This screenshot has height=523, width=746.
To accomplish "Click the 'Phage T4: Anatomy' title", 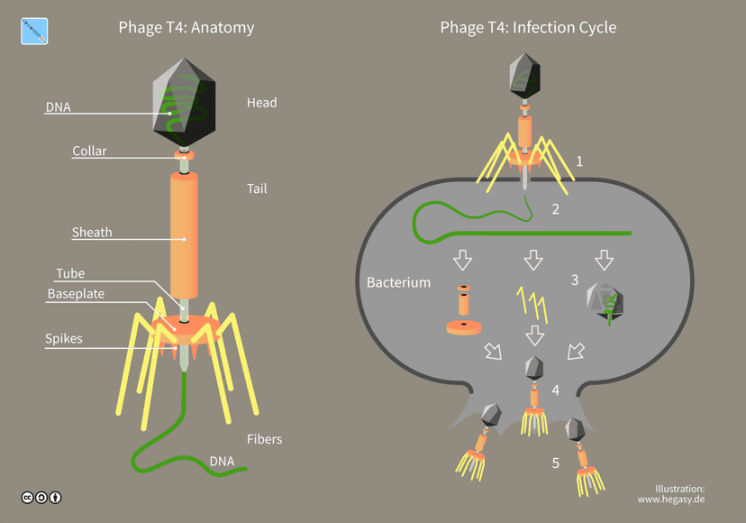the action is tap(186, 28).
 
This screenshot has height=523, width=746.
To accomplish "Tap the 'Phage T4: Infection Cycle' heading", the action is tap(528, 28).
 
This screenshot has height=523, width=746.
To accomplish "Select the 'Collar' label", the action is tap(89, 151).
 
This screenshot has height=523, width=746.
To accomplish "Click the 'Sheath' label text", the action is tap(92, 233).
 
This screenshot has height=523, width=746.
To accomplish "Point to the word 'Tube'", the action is tap(70, 273).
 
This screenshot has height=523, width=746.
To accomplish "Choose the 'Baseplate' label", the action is tap(76, 294).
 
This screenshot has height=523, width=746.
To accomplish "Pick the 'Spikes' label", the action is tap(64, 339).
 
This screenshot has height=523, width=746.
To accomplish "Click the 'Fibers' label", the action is tap(265, 439).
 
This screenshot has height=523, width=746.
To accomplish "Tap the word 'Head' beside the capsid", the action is tap(261, 103).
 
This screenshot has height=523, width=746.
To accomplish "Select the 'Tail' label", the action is tap(257, 188).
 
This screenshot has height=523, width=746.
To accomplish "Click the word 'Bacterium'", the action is tap(399, 282).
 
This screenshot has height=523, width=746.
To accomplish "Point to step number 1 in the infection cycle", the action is tap(579, 161).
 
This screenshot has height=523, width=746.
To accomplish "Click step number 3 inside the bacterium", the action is tap(575, 280).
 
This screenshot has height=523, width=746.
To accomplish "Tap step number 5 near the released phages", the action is tap(556, 463).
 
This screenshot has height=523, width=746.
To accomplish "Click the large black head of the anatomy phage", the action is tap(184, 103).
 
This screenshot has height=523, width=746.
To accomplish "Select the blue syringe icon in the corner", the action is tap(34, 32).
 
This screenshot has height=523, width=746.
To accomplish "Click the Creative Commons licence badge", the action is tap(41, 498).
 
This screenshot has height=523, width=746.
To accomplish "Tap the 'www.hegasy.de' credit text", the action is tap(671, 500).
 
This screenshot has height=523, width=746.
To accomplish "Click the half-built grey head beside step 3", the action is tap(605, 301).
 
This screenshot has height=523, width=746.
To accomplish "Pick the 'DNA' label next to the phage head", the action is tap(58, 107).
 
